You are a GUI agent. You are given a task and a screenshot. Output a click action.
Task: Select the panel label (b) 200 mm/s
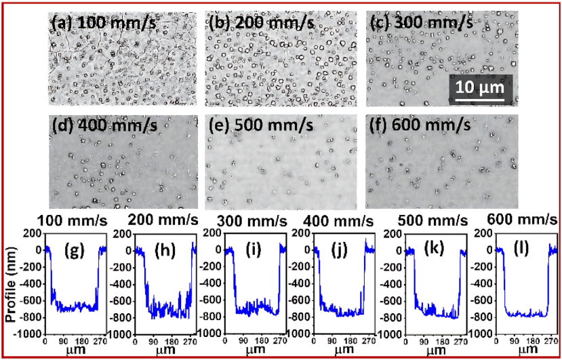262,22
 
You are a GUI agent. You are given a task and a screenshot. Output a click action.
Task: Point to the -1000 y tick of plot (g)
28,334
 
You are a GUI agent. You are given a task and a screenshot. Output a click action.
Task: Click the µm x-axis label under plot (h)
163,352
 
